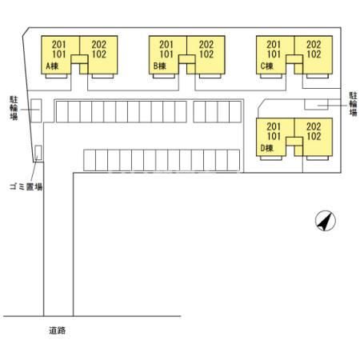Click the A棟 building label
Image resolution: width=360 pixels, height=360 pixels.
tap(52, 66)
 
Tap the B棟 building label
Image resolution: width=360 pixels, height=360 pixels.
tap(160, 66)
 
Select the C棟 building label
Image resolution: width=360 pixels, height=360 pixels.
tap(267, 66)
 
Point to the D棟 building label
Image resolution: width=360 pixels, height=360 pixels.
tap(267, 148)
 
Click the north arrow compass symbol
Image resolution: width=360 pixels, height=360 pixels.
tap(326, 221)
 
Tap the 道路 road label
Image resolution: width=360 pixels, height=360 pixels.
tap(57, 330)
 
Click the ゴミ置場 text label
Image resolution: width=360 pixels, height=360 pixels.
tap(26, 186)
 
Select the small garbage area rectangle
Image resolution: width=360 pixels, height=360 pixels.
tap(38, 153)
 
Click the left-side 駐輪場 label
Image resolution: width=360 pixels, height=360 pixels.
tap(14, 108)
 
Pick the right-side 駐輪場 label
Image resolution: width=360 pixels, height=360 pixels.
tap(354, 104)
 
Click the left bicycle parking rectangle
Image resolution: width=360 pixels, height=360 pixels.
tap(36, 110)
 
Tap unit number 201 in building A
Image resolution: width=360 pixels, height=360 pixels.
tap(58, 44)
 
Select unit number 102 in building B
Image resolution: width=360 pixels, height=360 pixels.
tap(206, 54)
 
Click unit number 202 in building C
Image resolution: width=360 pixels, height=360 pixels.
tap(314, 44)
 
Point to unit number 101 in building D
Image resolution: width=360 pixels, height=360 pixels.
tap(274, 136)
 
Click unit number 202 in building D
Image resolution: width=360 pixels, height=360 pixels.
tap(314, 126)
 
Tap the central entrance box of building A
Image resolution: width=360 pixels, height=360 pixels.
tap(79, 59)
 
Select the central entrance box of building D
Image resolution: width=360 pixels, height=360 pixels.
tap(294, 142)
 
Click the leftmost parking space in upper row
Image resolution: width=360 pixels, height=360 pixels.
tap(62, 111)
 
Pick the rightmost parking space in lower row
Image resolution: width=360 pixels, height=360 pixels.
tap(234, 160)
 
